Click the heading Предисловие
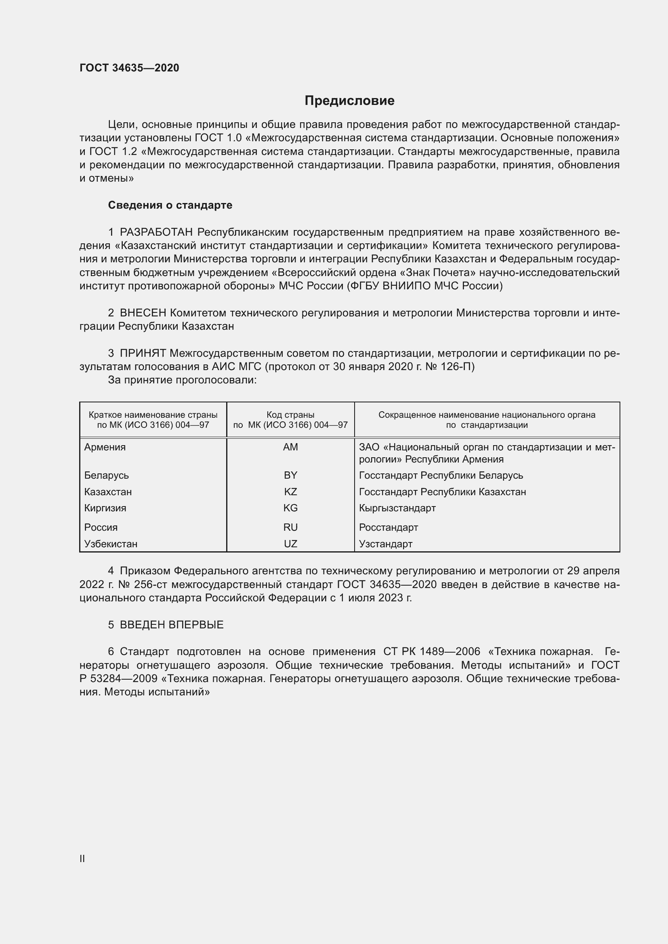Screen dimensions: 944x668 pos(349,101)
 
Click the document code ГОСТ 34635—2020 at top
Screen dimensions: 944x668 pos(129,68)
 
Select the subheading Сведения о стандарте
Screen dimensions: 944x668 pos(170,205)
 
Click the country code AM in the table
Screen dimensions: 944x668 pos(290,447)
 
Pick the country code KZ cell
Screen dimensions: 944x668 pos(290,492)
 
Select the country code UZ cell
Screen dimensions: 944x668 pos(290,544)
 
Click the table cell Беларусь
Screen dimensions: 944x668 pos(107,475)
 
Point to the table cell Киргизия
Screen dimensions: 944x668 pos(105,508)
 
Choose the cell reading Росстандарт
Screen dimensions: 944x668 pos(388,527)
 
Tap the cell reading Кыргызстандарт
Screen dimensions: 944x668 pos(397,508)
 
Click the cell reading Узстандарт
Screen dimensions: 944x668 pos(385,544)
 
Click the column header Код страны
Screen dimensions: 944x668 pos(290,415)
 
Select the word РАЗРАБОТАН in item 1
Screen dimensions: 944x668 pos(156,232)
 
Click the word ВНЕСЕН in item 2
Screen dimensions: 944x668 pos(143,313)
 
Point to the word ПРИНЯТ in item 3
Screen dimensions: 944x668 pos(143,353)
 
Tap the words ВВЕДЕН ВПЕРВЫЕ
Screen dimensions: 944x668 pos(172,625)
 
